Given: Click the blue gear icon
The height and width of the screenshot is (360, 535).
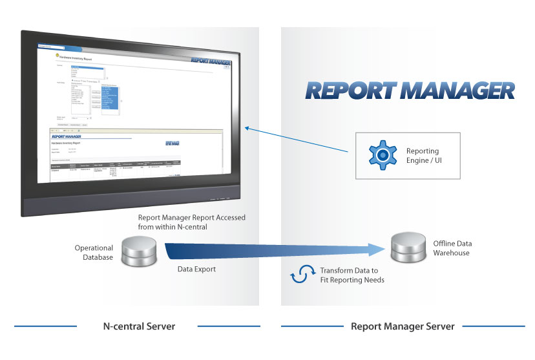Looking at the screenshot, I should (x=383, y=155).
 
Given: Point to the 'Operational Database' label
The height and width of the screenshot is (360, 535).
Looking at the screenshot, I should (x=94, y=253).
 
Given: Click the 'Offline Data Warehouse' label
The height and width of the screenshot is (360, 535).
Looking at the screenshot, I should (x=452, y=248).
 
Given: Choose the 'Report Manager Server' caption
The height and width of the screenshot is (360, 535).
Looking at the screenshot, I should (x=403, y=326).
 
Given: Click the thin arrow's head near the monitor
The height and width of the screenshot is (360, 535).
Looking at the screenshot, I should (x=246, y=129).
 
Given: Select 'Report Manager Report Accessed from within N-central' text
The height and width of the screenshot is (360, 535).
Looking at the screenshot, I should (x=191, y=222).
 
